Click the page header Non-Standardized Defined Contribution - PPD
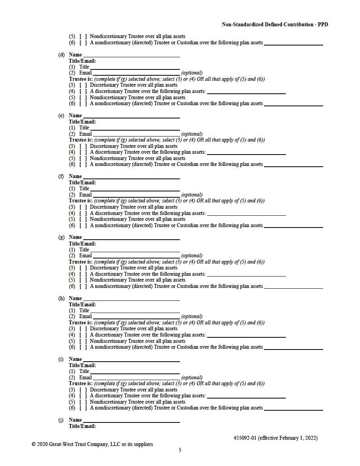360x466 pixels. point(275,24)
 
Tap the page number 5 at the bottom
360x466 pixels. point(180,450)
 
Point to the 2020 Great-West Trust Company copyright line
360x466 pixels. point(93,444)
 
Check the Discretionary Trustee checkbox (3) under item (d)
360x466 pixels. point(83,85)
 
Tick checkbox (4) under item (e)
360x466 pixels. point(83,152)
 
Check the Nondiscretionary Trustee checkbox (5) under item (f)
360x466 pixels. point(83,219)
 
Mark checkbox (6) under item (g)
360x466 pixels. point(83,286)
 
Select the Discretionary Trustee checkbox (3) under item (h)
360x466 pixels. point(83,329)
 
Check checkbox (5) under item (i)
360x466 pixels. point(83,402)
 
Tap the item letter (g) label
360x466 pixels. point(62,237)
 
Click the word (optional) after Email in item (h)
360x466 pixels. point(192,317)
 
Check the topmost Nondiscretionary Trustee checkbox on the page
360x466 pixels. point(83,36)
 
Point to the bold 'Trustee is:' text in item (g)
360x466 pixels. point(81,262)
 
